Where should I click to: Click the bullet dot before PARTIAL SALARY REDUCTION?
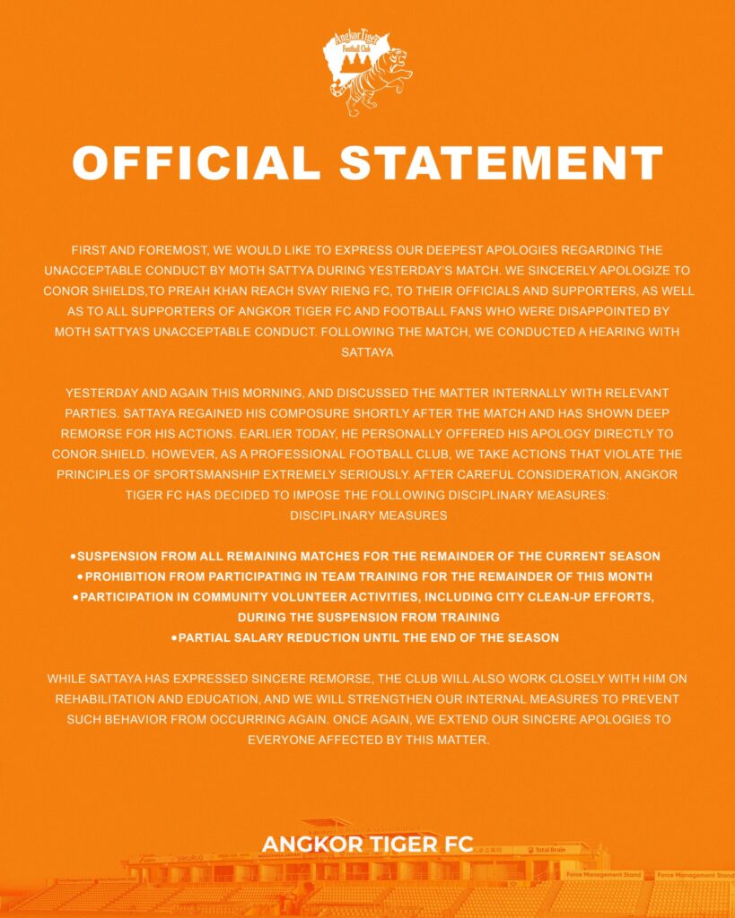tap(174, 638)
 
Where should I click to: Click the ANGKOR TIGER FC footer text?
tap(367, 845)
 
